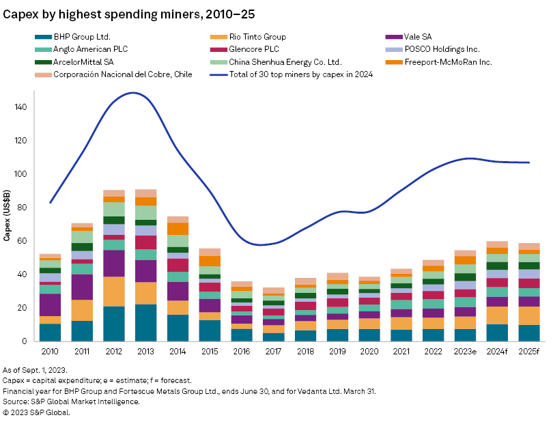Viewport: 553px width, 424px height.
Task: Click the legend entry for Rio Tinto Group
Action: click(249, 37)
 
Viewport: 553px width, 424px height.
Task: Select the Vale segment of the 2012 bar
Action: click(114, 263)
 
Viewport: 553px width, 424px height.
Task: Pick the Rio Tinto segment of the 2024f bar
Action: click(496, 315)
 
